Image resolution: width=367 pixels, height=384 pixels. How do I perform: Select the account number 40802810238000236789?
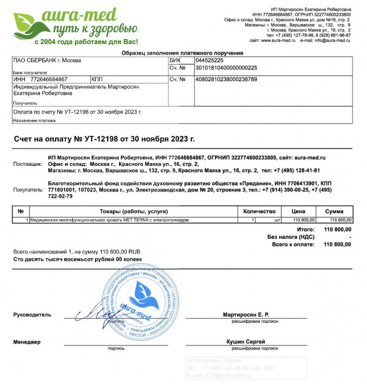(225, 80)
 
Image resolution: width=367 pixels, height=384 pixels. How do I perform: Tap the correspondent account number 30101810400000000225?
(225, 68)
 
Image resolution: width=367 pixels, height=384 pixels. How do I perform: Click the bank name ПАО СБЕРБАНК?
(47, 60)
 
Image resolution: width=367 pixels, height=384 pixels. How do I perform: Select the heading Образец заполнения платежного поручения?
(182, 53)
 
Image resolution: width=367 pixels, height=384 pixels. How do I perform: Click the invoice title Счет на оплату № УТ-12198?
(104, 139)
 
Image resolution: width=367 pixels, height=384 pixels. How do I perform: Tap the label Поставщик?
(28, 165)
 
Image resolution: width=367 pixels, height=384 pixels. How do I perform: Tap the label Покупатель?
(28, 190)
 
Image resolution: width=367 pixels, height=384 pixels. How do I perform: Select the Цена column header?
(299, 211)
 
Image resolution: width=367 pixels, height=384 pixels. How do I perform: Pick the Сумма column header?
(334, 211)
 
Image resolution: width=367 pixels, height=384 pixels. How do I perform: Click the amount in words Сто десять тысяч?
(77, 259)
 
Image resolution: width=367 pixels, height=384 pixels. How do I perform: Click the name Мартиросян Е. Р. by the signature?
(246, 314)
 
